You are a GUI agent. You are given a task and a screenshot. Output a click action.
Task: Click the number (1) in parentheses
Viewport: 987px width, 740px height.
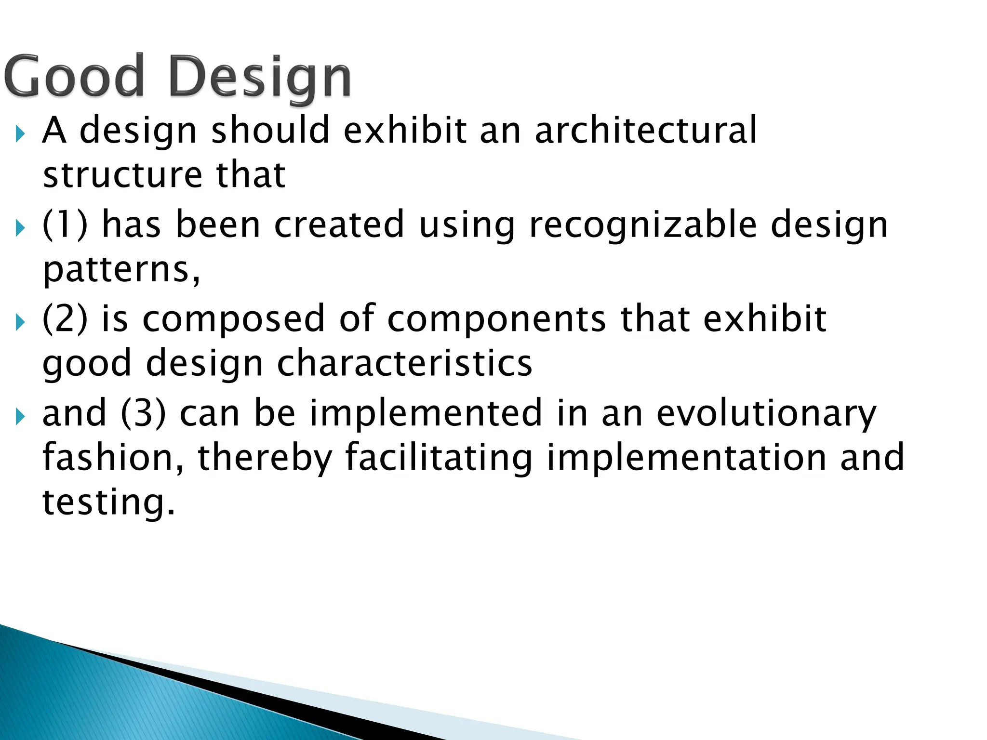[65, 225]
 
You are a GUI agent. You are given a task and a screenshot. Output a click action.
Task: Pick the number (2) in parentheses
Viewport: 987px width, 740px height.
[65, 318]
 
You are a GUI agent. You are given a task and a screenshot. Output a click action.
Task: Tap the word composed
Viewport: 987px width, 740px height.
[234, 319]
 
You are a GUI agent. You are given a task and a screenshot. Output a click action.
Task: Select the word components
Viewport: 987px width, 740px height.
[496, 319]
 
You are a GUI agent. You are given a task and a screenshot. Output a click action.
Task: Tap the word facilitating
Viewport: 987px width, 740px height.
[439, 458]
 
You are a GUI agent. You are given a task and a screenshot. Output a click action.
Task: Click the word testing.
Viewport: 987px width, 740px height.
[108, 502]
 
